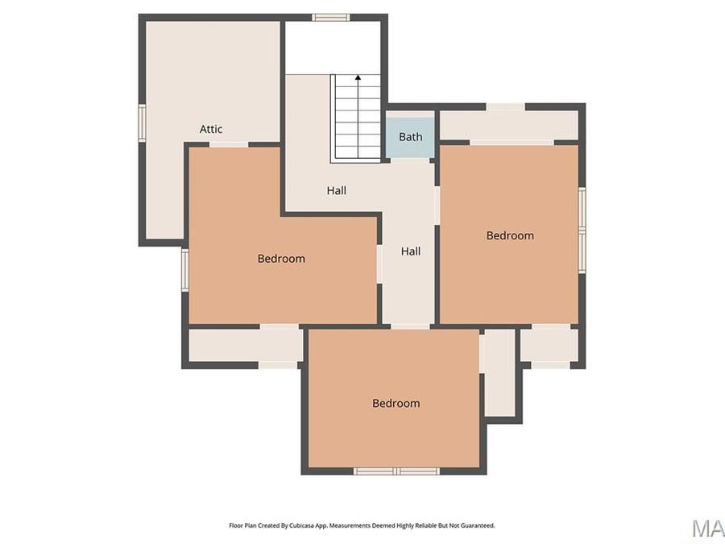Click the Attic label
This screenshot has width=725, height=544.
click(211, 129)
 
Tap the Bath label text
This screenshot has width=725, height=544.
click(410, 137)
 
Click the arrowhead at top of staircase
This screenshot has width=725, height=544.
click(358, 78)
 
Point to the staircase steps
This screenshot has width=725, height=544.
click(357, 121)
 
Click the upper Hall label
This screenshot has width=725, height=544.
click(337, 191)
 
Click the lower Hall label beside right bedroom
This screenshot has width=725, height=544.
click(411, 251)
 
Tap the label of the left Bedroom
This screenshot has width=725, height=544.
click(281, 259)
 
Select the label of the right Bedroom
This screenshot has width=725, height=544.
click(510, 235)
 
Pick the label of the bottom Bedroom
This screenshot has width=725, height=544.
click(396, 403)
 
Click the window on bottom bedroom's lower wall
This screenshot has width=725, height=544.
click(396, 471)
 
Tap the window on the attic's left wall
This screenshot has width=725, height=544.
click(142, 123)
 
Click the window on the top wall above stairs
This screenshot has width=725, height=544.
click(330, 17)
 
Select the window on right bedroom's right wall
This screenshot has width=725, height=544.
click(582, 230)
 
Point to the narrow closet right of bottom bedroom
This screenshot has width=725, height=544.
click(499, 372)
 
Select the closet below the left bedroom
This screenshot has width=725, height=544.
click(244, 346)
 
